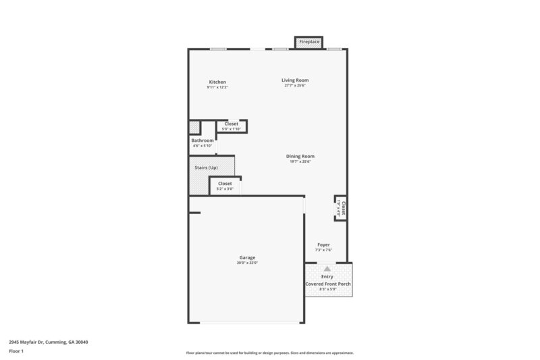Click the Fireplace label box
tap(309, 42)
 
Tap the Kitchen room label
tap(217, 82)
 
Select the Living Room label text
tap(295, 80)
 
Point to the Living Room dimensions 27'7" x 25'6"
tap(295, 86)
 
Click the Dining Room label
tap(300, 156)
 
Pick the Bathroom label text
tap(202, 140)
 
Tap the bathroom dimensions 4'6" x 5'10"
tap(202, 146)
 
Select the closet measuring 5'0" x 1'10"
tap(232, 126)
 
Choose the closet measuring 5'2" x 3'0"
tap(225, 186)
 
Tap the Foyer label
tap(324, 245)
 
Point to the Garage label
tap(247, 257)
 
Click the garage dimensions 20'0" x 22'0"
tap(247, 263)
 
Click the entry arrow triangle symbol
tap(327, 269)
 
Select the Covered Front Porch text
tap(327, 284)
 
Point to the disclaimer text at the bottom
tap(270, 353)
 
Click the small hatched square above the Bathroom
tap(194, 127)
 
